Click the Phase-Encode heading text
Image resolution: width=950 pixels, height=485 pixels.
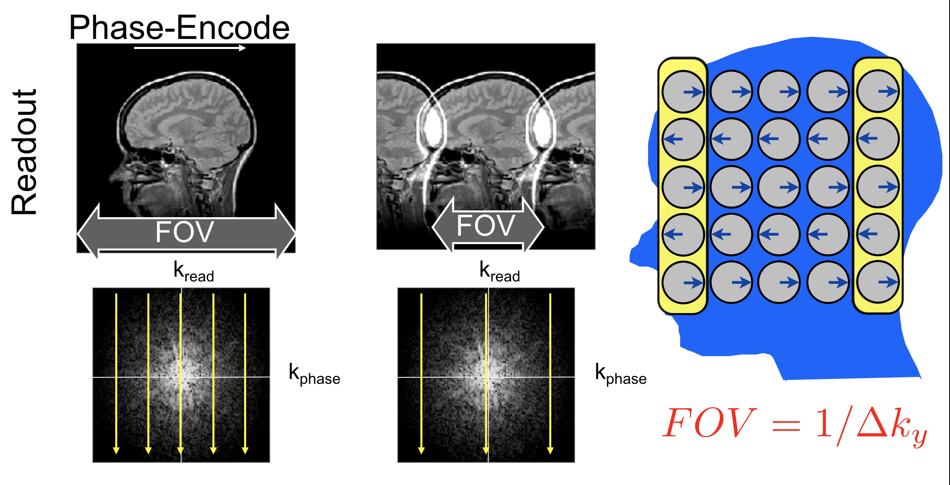[x=179, y=27]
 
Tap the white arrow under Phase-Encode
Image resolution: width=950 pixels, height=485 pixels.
[x=190, y=48]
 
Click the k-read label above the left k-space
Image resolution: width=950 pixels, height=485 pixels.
[x=194, y=271]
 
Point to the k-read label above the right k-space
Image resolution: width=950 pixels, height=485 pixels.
[x=499, y=271]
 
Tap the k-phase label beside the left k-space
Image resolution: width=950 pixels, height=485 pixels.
[x=314, y=374]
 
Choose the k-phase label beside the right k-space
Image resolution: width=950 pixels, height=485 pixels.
[x=620, y=374]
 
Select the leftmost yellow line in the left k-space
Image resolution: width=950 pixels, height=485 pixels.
[x=116, y=373]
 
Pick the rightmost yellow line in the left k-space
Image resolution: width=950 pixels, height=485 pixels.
[x=245, y=373]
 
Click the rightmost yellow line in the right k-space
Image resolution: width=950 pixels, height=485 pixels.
[x=550, y=373]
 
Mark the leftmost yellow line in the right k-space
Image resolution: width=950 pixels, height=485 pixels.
[x=421, y=373]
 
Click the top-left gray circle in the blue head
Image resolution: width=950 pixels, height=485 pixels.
[x=683, y=92]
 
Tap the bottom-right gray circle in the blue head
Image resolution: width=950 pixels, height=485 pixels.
[x=878, y=282]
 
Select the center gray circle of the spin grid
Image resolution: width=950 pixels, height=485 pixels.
[x=779, y=187]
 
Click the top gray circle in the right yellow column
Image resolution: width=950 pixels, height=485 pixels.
[x=878, y=91]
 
